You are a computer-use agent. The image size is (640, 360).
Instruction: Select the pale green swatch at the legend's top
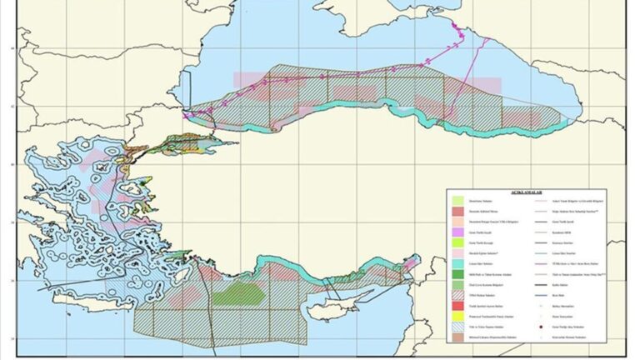tap(457, 201)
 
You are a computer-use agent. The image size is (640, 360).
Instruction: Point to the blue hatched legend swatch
tap(457, 327)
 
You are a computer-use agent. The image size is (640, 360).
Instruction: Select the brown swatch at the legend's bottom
tap(457, 338)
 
